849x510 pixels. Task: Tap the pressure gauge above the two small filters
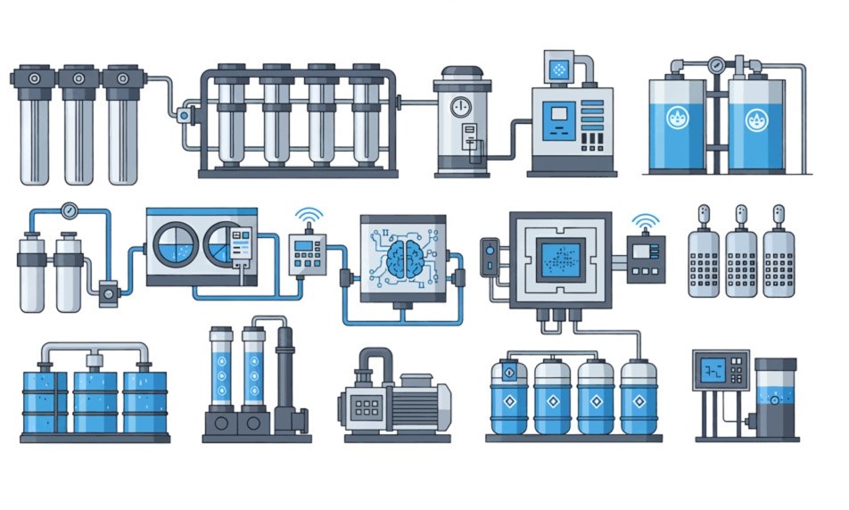69,211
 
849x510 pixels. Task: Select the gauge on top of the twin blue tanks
715,65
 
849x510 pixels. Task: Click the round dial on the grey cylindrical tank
461,108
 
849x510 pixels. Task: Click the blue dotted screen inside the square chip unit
559,258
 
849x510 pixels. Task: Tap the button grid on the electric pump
367,408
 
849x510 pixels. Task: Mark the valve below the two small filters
110,292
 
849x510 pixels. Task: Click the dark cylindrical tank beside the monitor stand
775,397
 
